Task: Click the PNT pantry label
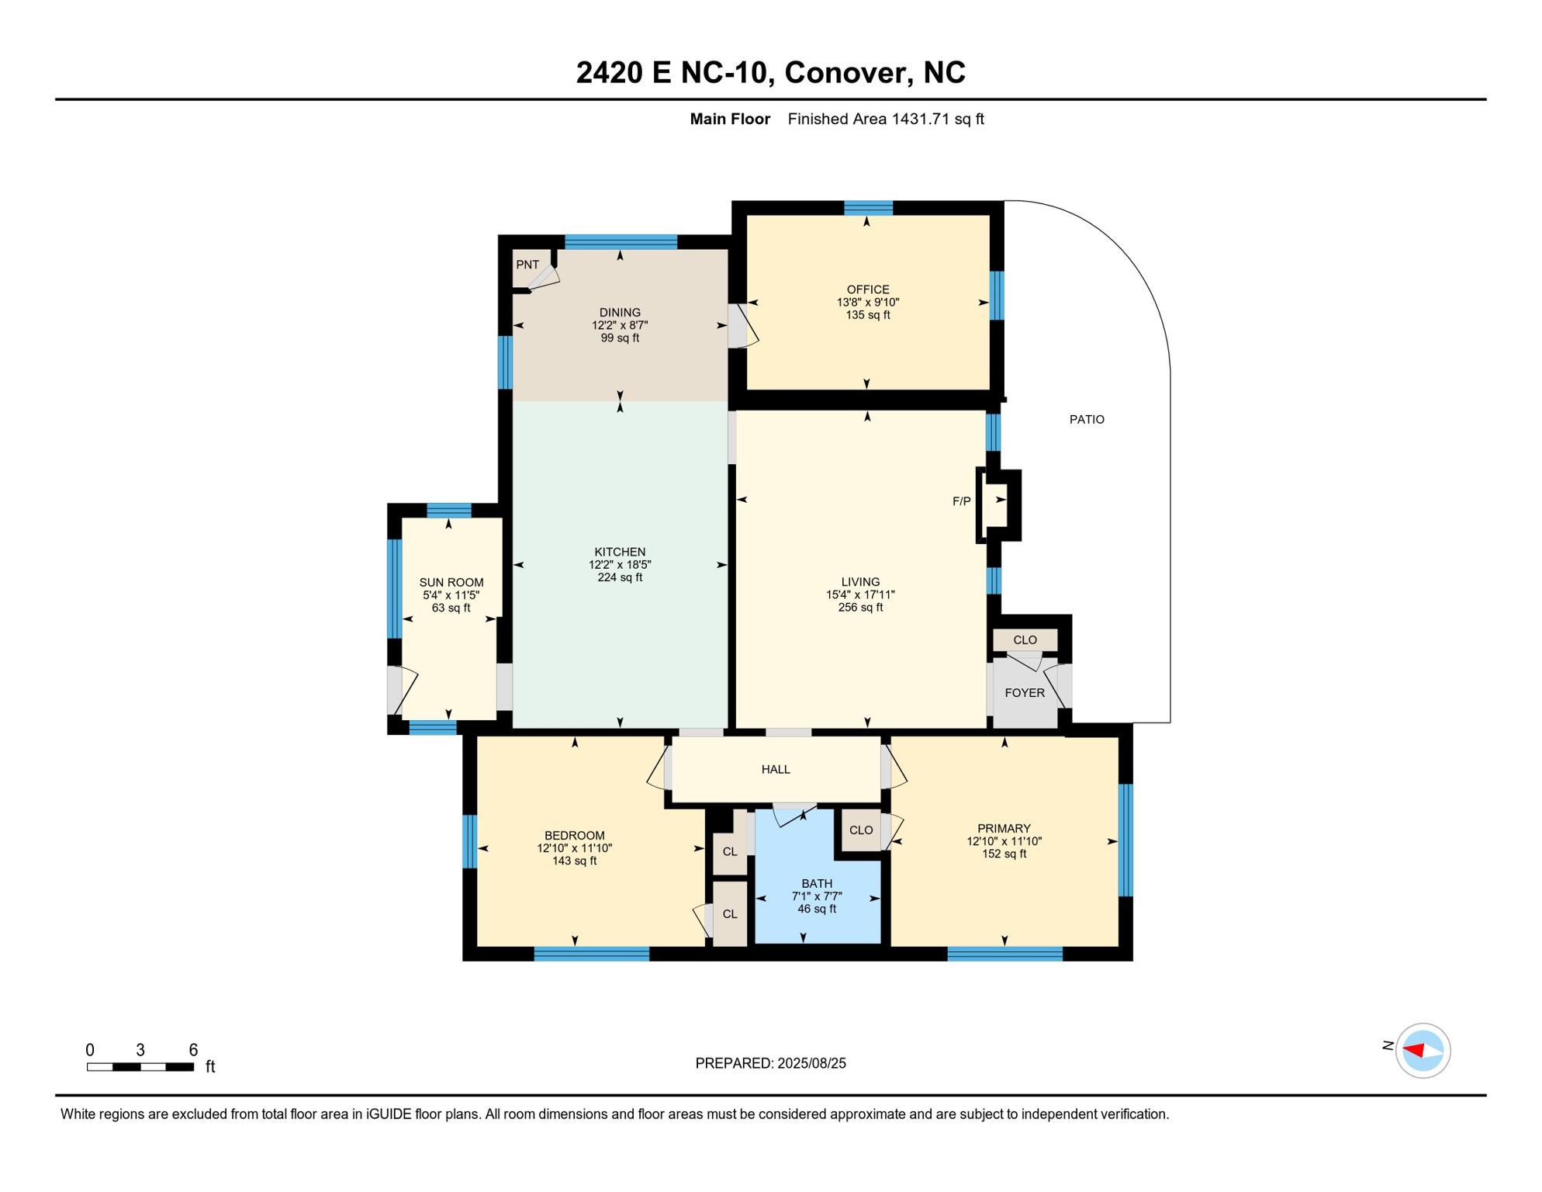[527, 265]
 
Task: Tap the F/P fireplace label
[961, 501]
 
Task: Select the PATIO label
[1087, 419]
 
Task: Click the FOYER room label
[1025, 692]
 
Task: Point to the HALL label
[776, 769]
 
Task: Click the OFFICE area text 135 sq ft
[868, 315]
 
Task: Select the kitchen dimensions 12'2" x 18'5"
[620, 564]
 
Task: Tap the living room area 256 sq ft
[860, 607]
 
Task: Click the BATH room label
[817, 883]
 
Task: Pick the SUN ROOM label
[451, 582]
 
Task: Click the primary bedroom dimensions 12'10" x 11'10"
[1004, 841]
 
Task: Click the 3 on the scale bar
[140, 1050]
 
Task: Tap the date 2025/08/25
[810, 1063]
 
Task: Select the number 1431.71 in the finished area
[921, 119]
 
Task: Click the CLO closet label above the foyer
[1025, 639]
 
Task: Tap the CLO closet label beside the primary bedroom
[861, 830]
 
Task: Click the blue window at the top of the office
[868, 207]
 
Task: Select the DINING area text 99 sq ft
[620, 338]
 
